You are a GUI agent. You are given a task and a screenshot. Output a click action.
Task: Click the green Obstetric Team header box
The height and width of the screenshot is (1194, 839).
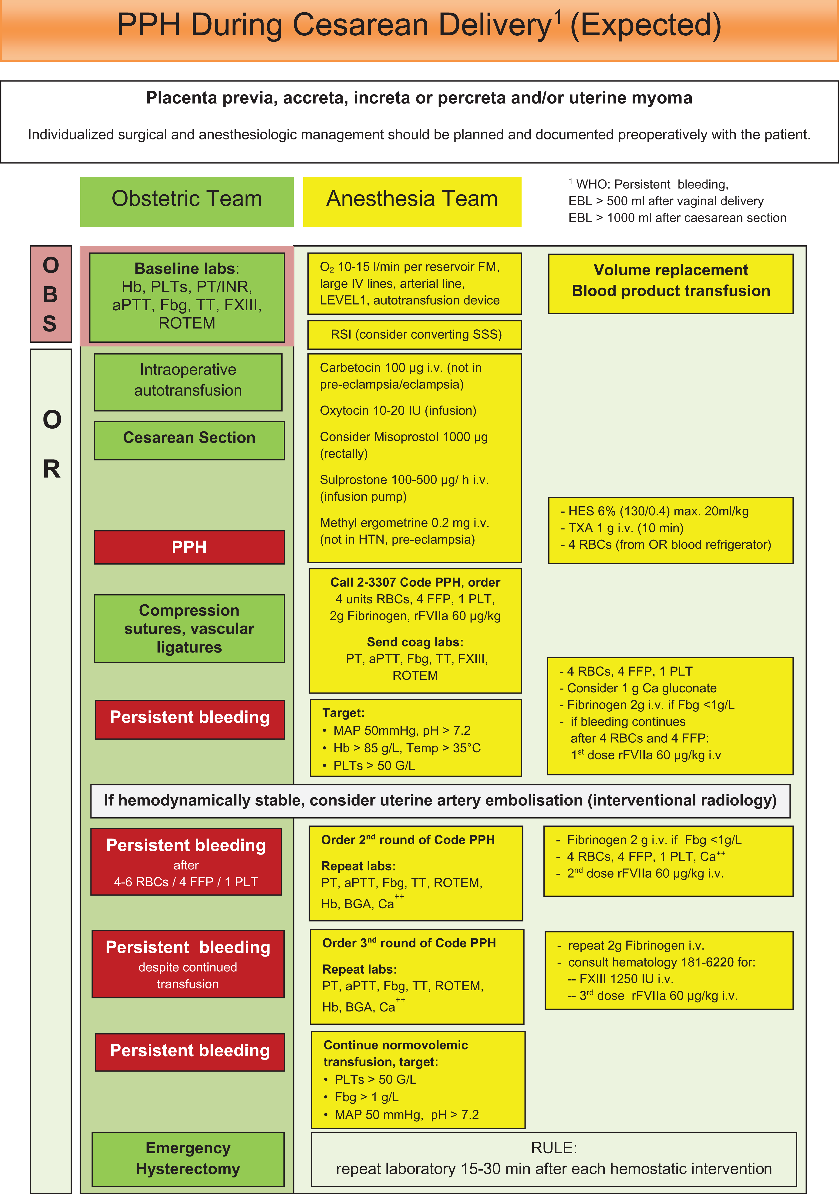[x=187, y=202]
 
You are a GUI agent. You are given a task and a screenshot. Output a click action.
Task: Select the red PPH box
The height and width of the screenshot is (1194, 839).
[x=189, y=547]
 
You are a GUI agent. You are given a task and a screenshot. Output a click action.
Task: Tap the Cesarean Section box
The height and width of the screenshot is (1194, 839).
[x=189, y=440]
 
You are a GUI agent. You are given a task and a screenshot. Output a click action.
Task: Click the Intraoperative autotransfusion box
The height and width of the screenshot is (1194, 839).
[x=188, y=382]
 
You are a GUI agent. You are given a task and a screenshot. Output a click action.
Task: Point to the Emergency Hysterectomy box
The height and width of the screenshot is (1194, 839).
[x=188, y=1159]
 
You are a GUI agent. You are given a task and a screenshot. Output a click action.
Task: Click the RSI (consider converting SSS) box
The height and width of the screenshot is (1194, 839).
[x=415, y=334]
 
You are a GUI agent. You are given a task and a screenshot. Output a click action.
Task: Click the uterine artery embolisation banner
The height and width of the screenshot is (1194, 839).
[x=440, y=801]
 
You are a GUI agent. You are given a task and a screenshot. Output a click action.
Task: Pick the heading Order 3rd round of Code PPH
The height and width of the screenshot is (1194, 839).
[x=409, y=943]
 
